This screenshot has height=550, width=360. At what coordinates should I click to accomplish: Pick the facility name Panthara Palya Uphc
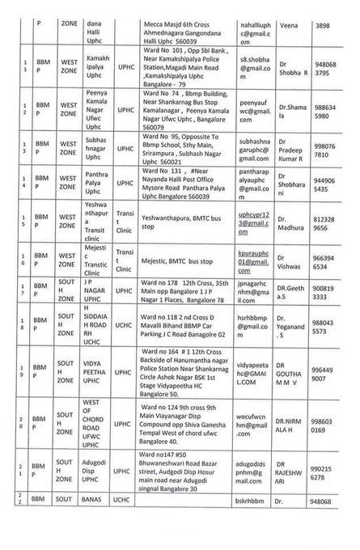[98, 187]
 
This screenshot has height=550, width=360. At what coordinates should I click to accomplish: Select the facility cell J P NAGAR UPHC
[97, 291]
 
